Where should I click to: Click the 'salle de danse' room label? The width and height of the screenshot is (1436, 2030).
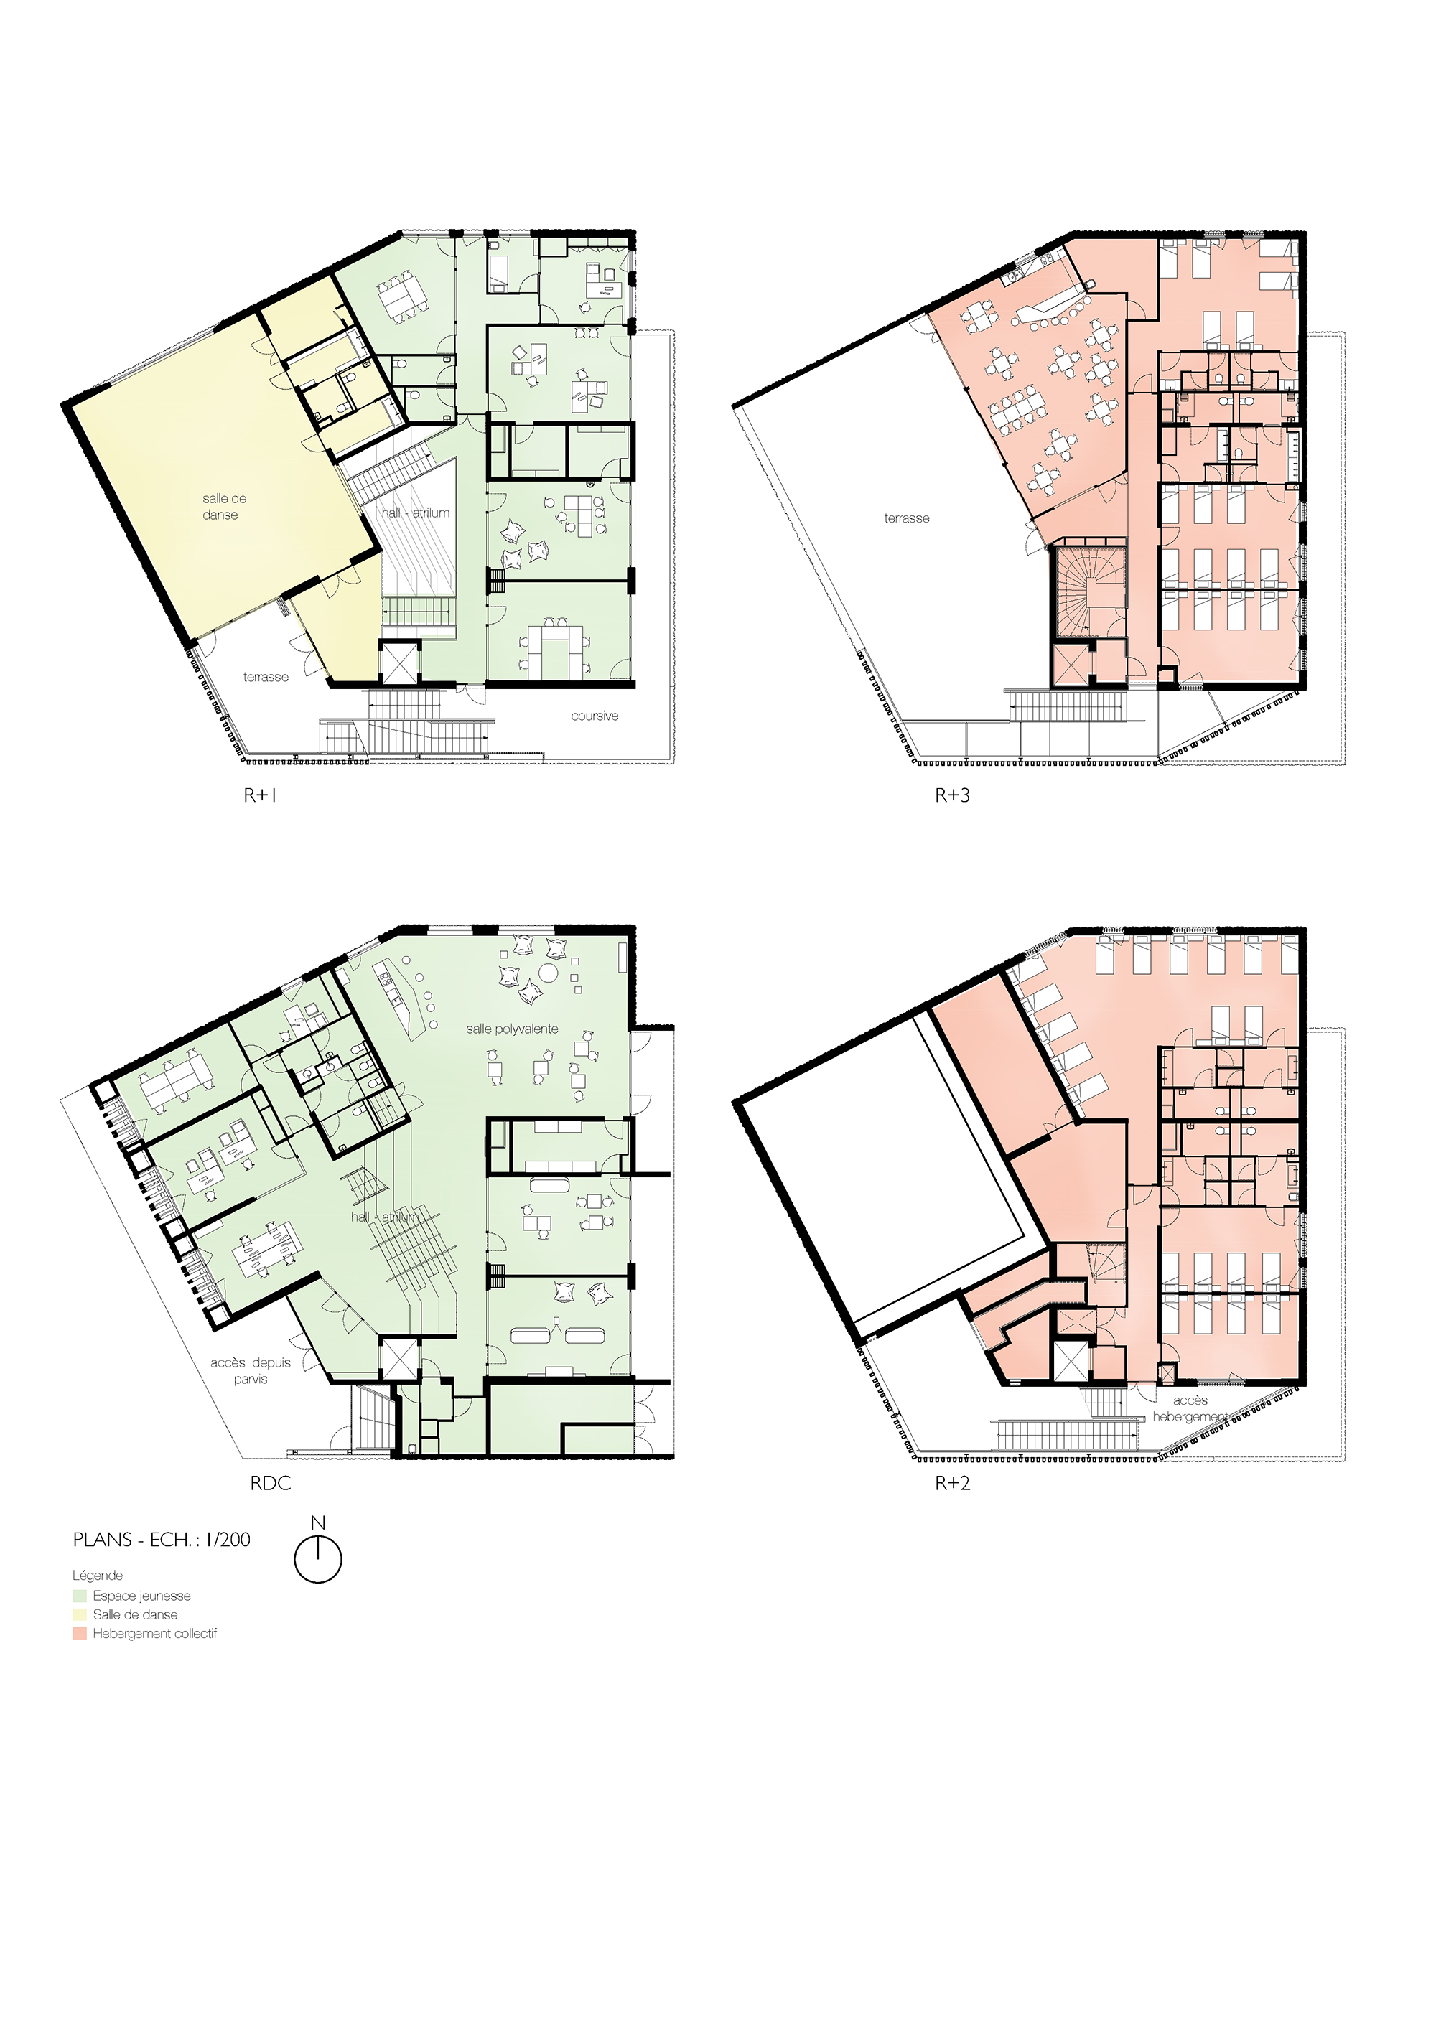(x=225, y=507)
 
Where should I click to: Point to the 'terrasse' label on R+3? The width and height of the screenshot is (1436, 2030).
(x=906, y=518)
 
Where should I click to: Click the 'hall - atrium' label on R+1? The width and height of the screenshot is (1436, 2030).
(x=416, y=513)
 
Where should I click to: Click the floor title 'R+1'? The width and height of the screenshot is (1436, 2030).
(x=261, y=795)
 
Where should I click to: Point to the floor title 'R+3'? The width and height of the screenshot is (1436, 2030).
(x=952, y=795)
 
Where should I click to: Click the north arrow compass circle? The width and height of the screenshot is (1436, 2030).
(x=317, y=1583)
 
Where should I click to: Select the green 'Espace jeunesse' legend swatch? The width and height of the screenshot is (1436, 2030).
(x=80, y=1596)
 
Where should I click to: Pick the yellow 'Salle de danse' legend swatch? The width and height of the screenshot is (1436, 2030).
(x=80, y=1614)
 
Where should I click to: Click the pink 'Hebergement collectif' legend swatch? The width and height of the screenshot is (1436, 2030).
(x=80, y=1634)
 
